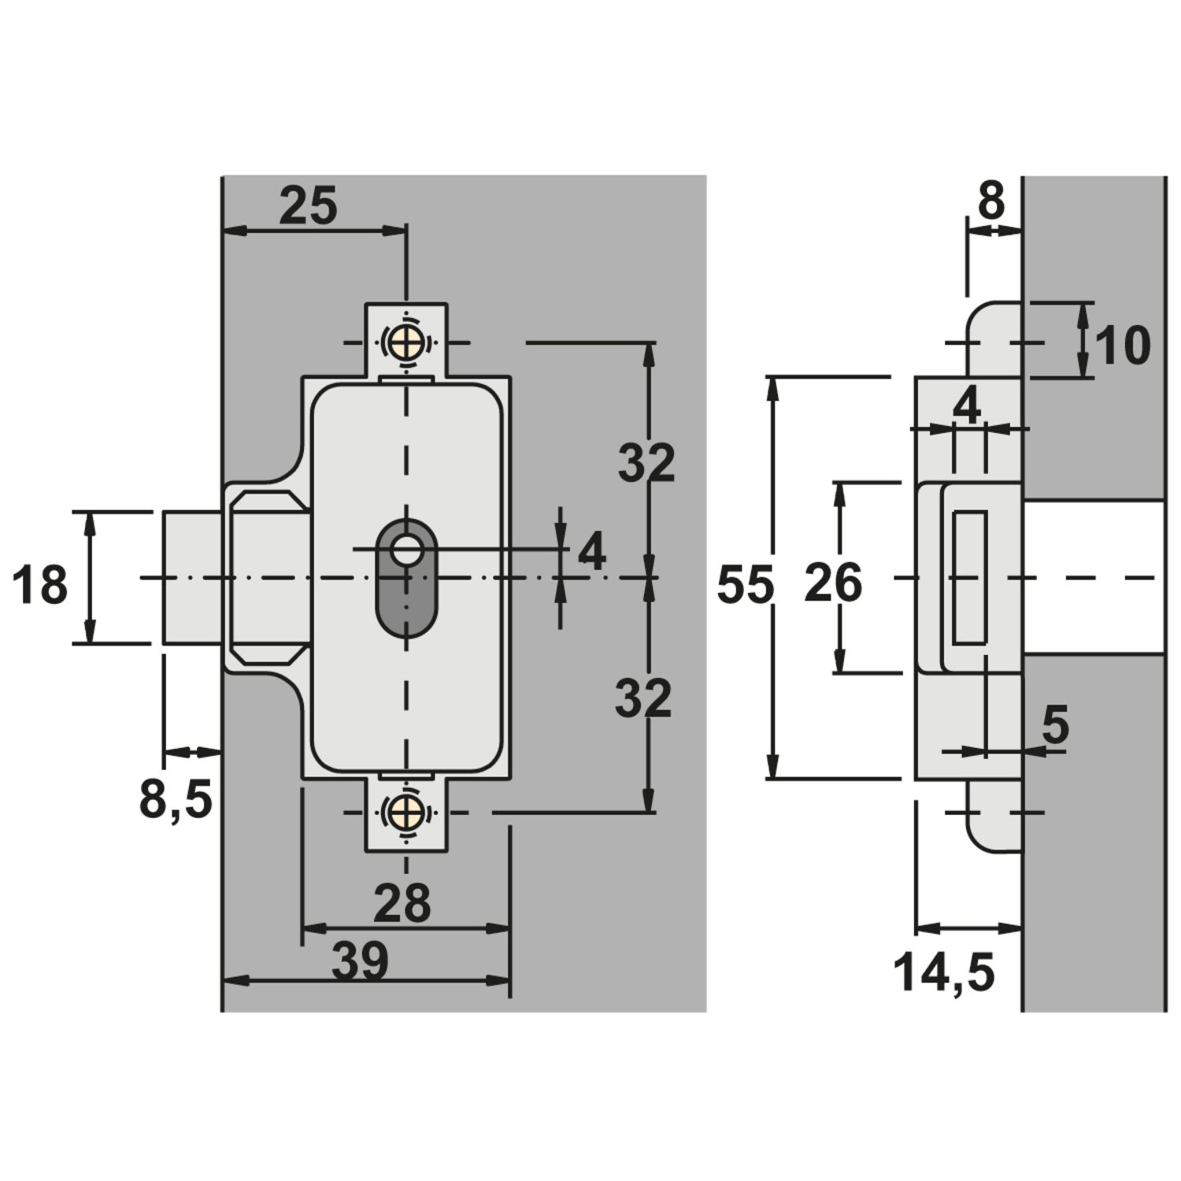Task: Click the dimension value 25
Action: tap(309, 206)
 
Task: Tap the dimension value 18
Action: tap(41, 587)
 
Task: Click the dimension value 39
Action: tap(361, 961)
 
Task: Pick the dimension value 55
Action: tap(746, 587)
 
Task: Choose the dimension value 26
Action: tap(834, 585)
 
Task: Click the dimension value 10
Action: tap(1122, 345)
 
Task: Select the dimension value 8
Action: tap(991, 202)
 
